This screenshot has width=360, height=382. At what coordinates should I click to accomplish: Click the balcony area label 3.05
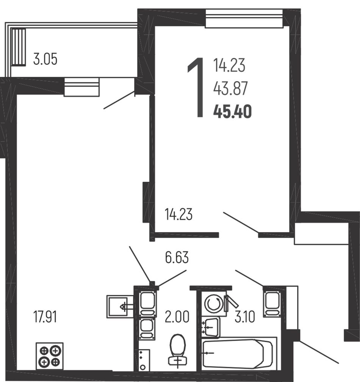pos(45,59)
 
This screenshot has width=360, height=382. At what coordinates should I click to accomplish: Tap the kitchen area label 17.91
pos(45,317)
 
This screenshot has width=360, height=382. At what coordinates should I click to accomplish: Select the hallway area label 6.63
pos(177,257)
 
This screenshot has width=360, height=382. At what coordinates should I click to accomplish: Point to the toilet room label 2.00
pos(177,317)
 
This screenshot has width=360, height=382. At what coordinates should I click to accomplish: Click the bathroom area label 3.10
pos(245,317)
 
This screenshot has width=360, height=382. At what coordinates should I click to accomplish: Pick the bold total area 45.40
pos(232,112)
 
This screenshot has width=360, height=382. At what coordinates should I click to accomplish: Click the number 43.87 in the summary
pos(230,88)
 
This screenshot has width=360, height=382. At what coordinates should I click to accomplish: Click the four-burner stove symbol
pos(50,356)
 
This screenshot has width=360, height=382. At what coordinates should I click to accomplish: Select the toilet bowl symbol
pos(178,350)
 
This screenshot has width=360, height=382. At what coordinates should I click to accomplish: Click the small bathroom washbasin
pos(211,327)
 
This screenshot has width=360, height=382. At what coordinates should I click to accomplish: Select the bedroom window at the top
pos(244,19)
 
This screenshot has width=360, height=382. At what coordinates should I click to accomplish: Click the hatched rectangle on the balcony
pos(18,47)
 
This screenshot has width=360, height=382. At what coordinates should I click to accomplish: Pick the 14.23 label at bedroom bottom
pos(178,214)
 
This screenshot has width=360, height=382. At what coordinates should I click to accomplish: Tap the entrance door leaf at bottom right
pos(319,352)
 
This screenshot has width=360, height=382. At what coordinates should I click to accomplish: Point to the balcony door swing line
pos(119,100)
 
